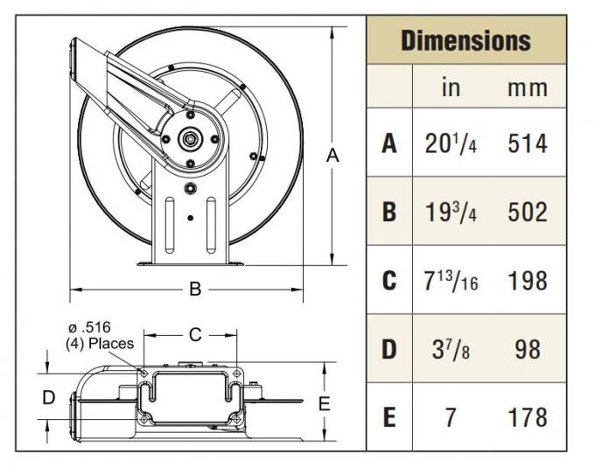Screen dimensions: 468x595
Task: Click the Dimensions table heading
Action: click(x=465, y=40)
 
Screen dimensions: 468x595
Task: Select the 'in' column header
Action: click(x=450, y=87)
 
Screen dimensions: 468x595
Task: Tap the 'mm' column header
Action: click(x=528, y=87)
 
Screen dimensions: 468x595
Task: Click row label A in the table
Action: click(x=389, y=143)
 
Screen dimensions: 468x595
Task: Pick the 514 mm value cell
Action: click(x=528, y=143)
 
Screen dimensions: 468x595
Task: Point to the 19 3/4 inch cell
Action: click(x=449, y=212)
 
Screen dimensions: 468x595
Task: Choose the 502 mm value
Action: click(x=528, y=212)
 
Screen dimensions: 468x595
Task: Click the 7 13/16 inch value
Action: click(x=449, y=281)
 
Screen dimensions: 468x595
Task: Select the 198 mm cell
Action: click(x=528, y=281)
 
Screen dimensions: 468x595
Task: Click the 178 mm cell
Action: click(x=528, y=417)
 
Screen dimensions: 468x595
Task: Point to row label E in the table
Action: click(x=389, y=417)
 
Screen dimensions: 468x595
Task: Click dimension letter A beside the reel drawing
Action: click(x=332, y=156)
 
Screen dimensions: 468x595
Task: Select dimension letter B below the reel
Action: click(x=196, y=289)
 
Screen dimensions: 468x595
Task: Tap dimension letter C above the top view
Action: click(x=195, y=333)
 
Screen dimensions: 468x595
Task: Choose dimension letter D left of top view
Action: click(x=49, y=398)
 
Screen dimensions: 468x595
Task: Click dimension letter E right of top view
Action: click(x=323, y=403)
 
